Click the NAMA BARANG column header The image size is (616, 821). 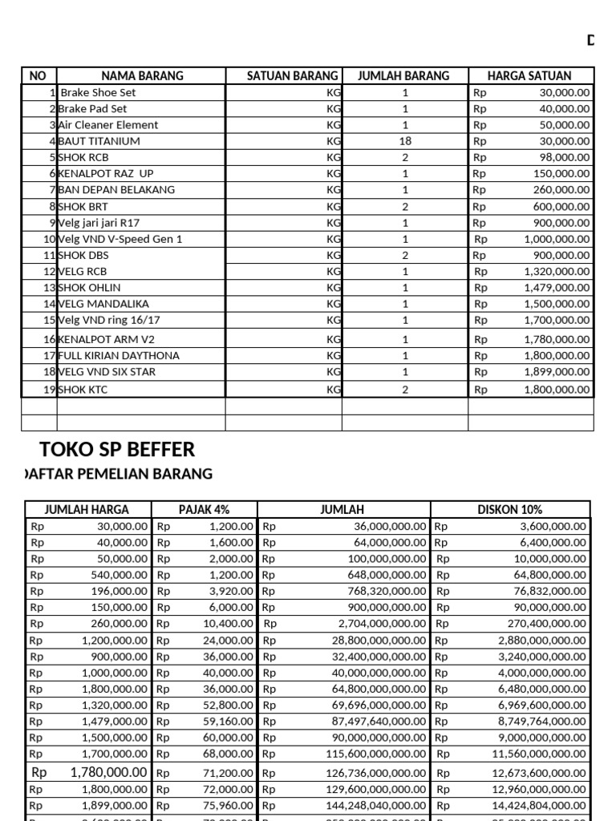pos(142,76)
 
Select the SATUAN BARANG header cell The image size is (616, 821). pos(282,76)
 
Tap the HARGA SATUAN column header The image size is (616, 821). pos(529,76)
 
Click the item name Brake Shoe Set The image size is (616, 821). pos(98,93)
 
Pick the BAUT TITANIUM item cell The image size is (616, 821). pos(99,141)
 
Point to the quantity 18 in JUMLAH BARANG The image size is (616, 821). pos(405,141)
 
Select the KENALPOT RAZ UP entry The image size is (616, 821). pos(105,174)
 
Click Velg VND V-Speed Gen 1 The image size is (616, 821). pos(120,239)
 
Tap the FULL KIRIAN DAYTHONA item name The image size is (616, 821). pos(119,356)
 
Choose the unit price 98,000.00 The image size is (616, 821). pos(564,158)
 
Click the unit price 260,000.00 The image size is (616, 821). pos(561,190)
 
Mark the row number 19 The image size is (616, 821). pos(50,390)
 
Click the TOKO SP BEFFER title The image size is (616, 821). pos(117,449)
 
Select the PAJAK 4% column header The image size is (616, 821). pos(205,510)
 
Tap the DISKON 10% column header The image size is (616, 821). pos(510,510)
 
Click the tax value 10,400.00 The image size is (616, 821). pos(229,623)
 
